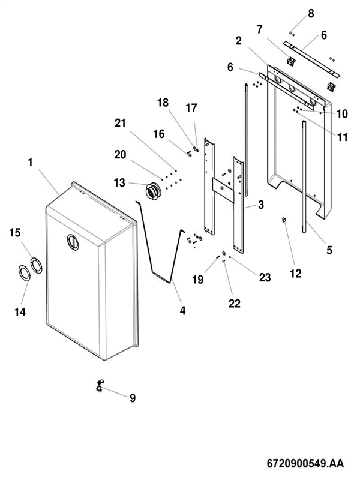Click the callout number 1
pyautogui.click(x=30, y=162)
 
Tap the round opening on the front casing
pyautogui.click(x=73, y=242)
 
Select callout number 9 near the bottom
pyautogui.click(x=132, y=398)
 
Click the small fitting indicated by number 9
pyautogui.click(x=100, y=385)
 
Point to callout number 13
pyautogui.click(x=119, y=183)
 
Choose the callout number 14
pyautogui.click(x=20, y=312)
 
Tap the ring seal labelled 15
pyautogui.click(x=37, y=265)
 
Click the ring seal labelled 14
pyautogui.click(x=25, y=273)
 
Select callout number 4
pyautogui.click(x=183, y=311)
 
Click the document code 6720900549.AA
pyautogui.click(x=305, y=463)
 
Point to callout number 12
pyautogui.click(x=295, y=274)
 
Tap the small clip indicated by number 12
pyautogui.click(x=284, y=220)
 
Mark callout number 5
pyautogui.click(x=329, y=250)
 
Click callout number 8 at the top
pyautogui.click(x=311, y=13)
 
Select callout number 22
pyautogui.click(x=235, y=304)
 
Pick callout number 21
pyautogui.click(x=121, y=123)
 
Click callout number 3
pyautogui.click(x=261, y=205)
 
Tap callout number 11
pyautogui.click(x=342, y=137)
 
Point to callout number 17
pyautogui.click(x=191, y=108)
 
